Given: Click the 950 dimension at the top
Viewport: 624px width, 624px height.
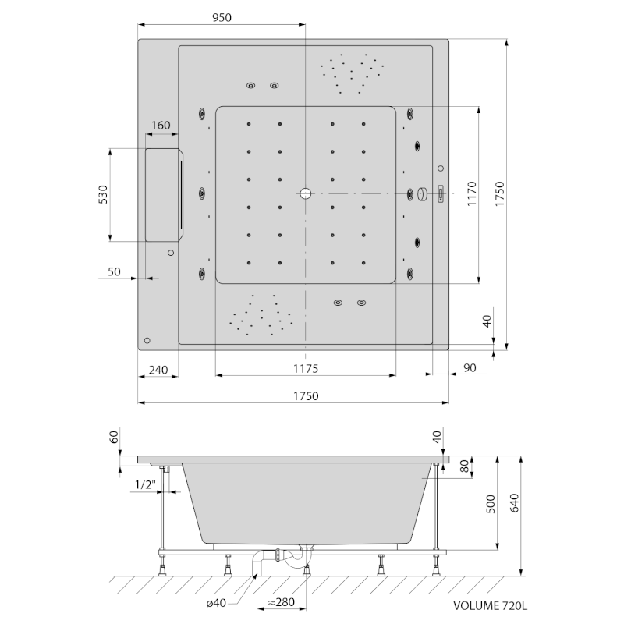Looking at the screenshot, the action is pos(222,17).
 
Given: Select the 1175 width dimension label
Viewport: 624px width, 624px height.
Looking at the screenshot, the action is pos(306,369).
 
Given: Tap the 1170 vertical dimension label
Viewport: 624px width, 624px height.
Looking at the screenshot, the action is pos(472,193).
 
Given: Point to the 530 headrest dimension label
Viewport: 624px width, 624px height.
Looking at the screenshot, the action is pos(103,194).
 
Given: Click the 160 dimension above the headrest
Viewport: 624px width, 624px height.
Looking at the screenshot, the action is pos(161,126).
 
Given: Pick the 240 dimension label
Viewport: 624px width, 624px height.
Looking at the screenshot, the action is pos(158,370).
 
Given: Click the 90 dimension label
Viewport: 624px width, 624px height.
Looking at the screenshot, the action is pos(470,367).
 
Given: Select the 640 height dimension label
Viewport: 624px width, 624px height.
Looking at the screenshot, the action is pos(514,503).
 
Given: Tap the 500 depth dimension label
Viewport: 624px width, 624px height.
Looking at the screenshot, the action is pos(491,504).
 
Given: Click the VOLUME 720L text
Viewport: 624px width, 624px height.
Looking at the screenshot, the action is pos(491,606).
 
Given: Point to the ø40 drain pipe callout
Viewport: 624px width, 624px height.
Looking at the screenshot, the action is pos(216,603).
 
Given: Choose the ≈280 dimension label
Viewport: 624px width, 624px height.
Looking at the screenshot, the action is pos(281,602).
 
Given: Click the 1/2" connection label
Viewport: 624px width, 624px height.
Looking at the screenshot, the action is pos(145,484).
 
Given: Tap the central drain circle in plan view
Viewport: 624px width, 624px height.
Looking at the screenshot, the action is pos(305,193).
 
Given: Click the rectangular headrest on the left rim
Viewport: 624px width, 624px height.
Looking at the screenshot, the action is pos(164,195).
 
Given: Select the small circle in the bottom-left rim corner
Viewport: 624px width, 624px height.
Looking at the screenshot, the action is pos(147,340).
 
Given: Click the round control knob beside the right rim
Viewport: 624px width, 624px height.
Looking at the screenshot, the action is pos(422,193).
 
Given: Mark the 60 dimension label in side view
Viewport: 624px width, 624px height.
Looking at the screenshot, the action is pos(114,437).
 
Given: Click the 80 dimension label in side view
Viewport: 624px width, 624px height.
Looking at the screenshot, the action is pos(465,466).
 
